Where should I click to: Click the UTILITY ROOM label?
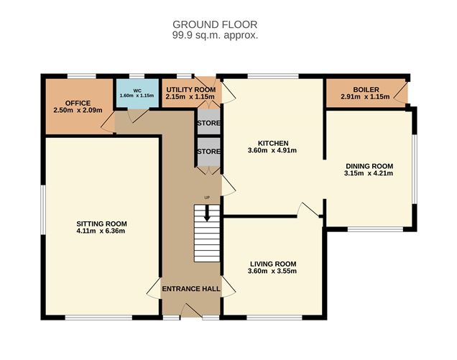(x=190, y=88)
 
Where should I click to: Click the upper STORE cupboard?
(x=208, y=123)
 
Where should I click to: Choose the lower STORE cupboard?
(x=208, y=152)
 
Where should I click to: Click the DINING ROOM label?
(x=369, y=165)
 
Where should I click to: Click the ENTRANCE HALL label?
(x=190, y=289)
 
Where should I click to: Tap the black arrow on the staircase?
(x=208, y=213)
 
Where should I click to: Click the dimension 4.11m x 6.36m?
(x=101, y=231)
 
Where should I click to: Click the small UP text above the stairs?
(x=208, y=198)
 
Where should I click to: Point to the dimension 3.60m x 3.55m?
(x=272, y=271)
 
